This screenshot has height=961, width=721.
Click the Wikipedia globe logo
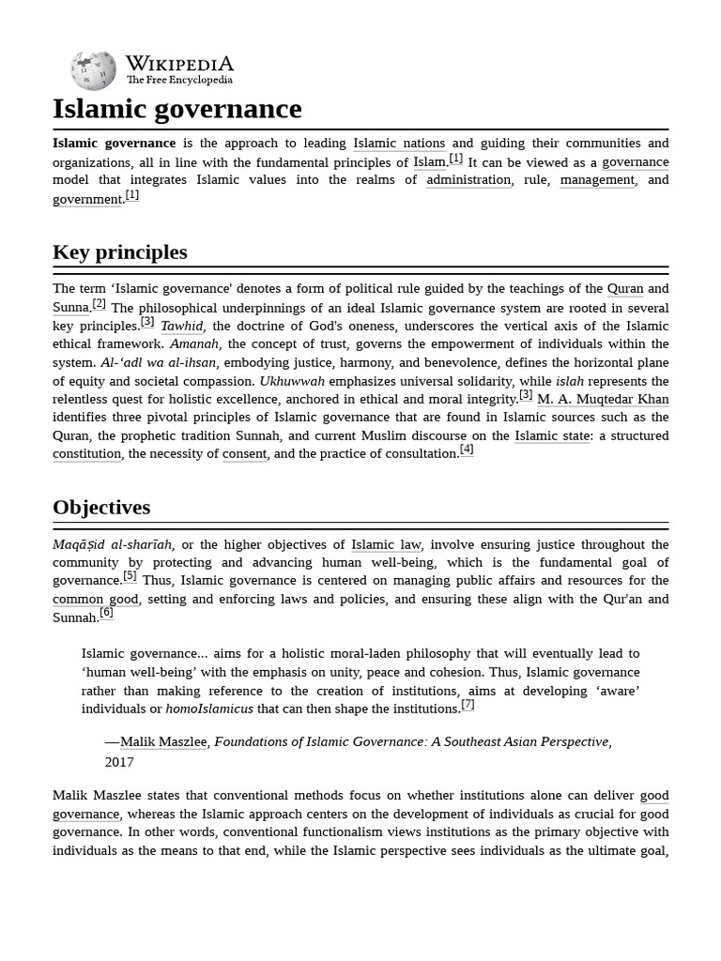[x=93, y=70]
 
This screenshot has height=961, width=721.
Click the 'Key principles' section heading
[x=120, y=252]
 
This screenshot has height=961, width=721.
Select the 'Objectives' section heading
[x=101, y=508]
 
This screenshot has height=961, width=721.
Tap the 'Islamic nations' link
[x=399, y=144]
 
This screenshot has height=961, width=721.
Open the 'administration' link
[x=468, y=180]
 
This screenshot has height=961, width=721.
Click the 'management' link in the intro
[x=597, y=180]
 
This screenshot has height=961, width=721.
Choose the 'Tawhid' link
[x=182, y=327]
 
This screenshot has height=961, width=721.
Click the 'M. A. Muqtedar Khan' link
[x=603, y=400]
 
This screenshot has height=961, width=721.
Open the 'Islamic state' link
[x=552, y=436]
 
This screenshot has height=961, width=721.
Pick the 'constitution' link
[x=86, y=454]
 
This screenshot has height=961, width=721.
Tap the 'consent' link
[x=244, y=454]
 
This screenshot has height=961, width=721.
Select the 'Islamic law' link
[x=386, y=545]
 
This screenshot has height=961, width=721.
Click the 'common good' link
[x=95, y=600]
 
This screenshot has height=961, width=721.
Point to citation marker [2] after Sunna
[x=100, y=303]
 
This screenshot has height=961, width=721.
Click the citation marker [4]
[x=467, y=450]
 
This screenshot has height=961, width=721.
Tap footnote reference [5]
[x=130, y=576]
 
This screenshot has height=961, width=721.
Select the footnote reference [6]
[x=106, y=613]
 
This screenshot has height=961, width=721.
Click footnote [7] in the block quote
[x=468, y=705]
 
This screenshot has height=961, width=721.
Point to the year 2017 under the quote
[x=119, y=762]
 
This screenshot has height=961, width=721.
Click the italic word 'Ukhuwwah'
[x=292, y=382]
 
